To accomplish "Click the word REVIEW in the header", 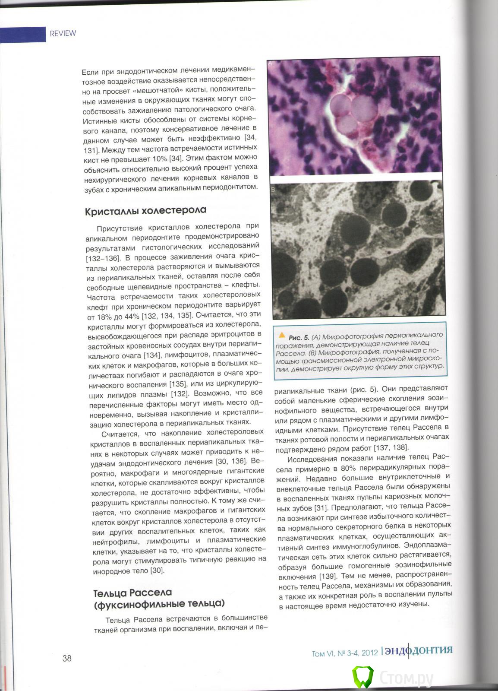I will click(63, 33).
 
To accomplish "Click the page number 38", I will click(67, 658).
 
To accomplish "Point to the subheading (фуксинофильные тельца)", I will click(159, 604).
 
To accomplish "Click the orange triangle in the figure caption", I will click(282, 334).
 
